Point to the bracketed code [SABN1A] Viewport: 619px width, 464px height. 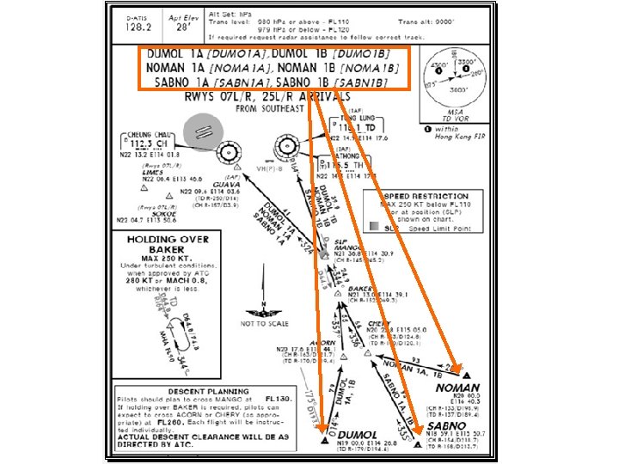[x=238, y=82]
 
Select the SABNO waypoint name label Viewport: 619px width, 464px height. [x=448, y=426]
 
